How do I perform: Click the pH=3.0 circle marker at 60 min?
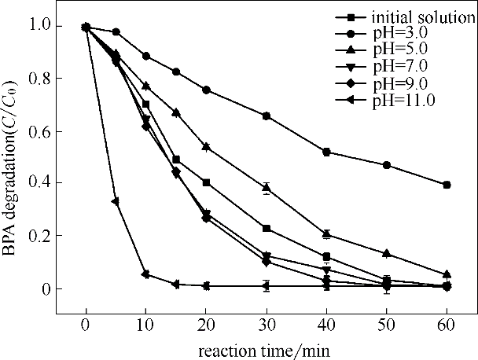click(x=447, y=185)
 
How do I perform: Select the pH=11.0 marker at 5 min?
click(x=116, y=201)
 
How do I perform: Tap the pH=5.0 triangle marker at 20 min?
click(x=206, y=146)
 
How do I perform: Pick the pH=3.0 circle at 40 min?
click(x=326, y=152)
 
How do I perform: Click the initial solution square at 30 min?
click(x=267, y=228)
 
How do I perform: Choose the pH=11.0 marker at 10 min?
click(x=145, y=274)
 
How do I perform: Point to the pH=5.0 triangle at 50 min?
click(x=387, y=253)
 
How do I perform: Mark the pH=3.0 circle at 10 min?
click(x=145, y=56)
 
